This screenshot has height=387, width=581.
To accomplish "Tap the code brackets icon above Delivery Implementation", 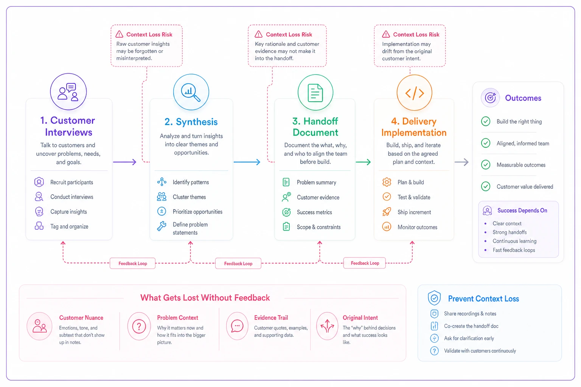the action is point(415,93).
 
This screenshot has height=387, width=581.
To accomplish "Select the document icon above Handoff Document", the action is point(315,93).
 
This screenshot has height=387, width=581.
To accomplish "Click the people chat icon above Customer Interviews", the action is point(68,92).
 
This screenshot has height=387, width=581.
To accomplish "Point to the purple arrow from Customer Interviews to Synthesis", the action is point(124,162).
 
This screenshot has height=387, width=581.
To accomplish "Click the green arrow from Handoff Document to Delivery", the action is point(363,162).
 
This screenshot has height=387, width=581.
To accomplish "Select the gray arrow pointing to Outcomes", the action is point(461,162).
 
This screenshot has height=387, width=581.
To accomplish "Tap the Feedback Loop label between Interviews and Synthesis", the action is point(132,263).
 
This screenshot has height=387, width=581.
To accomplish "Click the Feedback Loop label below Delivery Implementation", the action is point(365,263).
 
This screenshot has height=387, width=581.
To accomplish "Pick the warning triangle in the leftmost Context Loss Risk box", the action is point(119,34).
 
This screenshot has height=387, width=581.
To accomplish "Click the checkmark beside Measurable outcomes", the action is point(486,165).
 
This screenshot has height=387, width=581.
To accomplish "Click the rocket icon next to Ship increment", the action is point(387,212).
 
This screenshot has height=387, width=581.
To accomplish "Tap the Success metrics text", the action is point(314,212).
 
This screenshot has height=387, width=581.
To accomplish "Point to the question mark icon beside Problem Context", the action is point(139,326).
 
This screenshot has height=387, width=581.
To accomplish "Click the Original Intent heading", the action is point(360,317).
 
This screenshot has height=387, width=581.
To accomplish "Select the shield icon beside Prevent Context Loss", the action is point(434,298).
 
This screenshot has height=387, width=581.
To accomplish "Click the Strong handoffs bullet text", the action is point(510,232).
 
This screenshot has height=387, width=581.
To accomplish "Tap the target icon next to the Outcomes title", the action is point(490,98).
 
